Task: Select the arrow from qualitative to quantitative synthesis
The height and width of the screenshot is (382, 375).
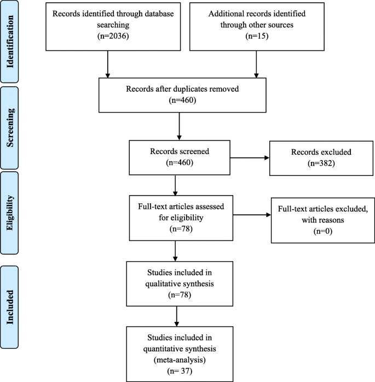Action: click(x=177, y=315)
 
